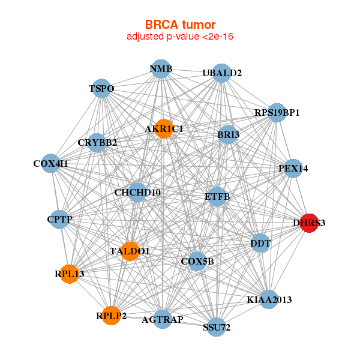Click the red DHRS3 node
(x=308, y=223)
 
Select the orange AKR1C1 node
(x=164, y=129)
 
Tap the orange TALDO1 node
(x=130, y=251)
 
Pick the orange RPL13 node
(x=70, y=274)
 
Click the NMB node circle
(x=161, y=69)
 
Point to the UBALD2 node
(x=222, y=73)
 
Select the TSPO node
(x=101, y=89)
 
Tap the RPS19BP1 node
(x=277, y=112)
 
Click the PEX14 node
(x=293, y=169)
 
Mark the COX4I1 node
(x=50, y=163)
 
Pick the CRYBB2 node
(x=97, y=143)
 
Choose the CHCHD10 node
(x=137, y=193)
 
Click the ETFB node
(x=217, y=196)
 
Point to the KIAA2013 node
(x=269, y=299)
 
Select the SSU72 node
(x=217, y=327)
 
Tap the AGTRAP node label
(x=163, y=319)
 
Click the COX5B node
(x=197, y=261)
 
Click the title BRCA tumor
(x=180, y=25)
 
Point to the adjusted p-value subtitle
(x=180, y=37)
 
